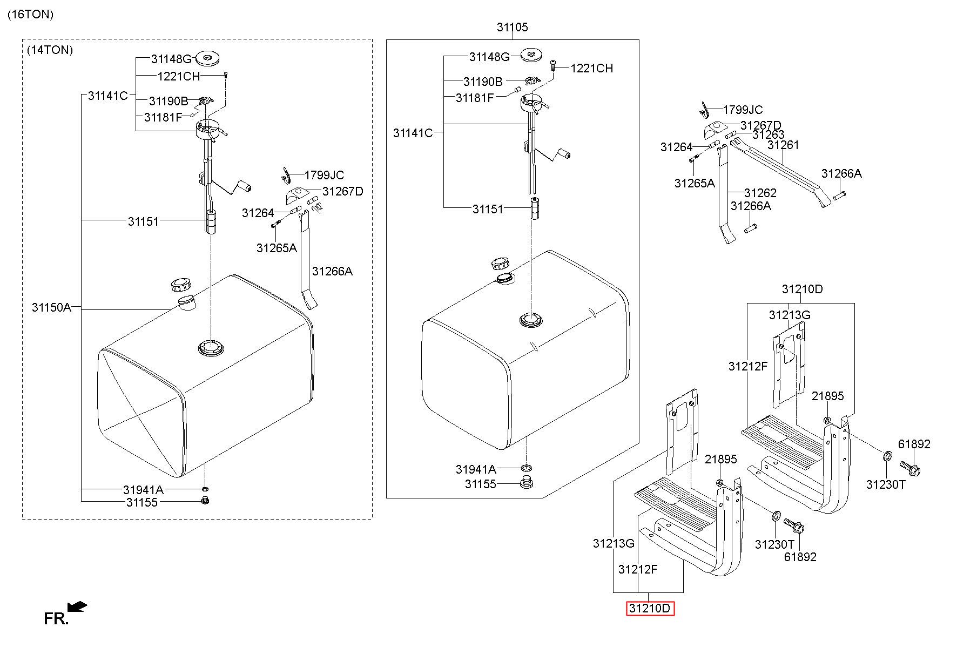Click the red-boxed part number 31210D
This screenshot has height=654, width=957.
[650, 609]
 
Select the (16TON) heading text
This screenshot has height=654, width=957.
[31, 15]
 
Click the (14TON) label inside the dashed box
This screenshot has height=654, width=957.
[50, 50]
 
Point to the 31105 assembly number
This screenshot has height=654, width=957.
[513, 27]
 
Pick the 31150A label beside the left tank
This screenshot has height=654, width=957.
[51, 307]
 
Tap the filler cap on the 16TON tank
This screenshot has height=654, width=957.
[501, 264]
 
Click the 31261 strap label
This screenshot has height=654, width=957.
[783, 145]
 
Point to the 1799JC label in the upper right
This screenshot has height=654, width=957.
[743, 110]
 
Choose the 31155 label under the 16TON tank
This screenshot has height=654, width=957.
[481, 484]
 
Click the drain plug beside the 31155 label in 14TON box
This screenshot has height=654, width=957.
[205, 501]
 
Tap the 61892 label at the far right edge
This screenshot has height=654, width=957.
[914, 444]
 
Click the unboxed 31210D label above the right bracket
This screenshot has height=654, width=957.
[803, 289]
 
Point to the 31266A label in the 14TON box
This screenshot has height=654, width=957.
[332, 271]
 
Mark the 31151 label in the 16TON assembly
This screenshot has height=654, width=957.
[488, 209]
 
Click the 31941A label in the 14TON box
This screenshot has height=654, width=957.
[143, 490]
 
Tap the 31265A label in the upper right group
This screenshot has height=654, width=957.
[695, 183]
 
